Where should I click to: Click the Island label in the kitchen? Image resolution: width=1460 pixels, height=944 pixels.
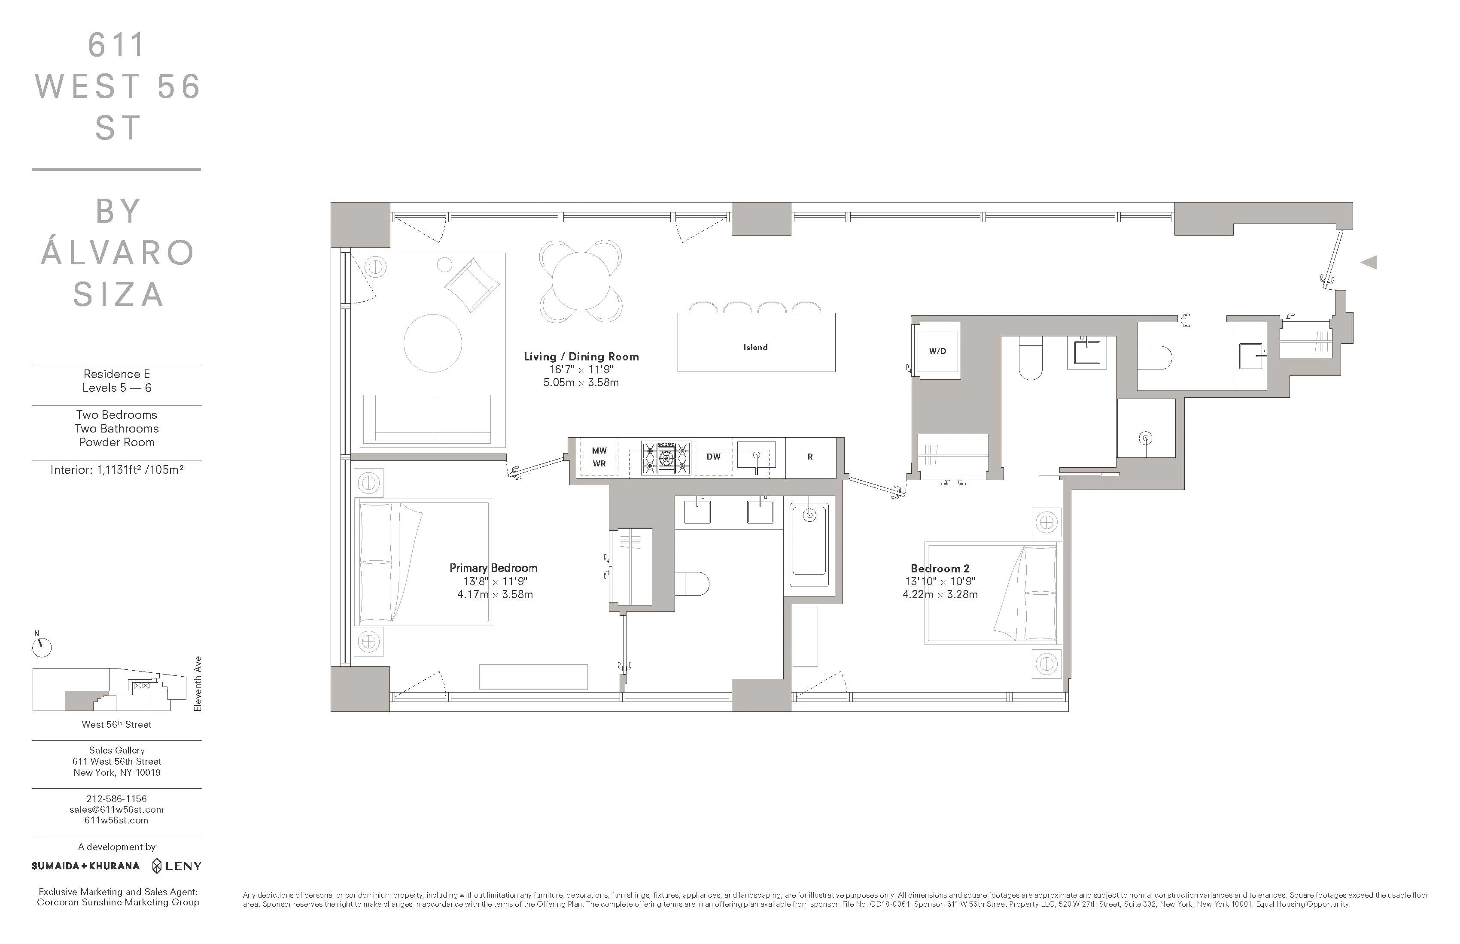755,347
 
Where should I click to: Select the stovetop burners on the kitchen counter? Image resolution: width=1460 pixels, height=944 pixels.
666,458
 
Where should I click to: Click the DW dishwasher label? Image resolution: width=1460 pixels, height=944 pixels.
713,457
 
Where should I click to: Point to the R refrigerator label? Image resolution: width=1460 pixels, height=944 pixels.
810,457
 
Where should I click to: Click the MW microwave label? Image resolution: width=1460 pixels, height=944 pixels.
599,451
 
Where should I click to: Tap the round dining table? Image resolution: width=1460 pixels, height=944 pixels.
580,281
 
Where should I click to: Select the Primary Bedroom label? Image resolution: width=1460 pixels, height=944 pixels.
493,568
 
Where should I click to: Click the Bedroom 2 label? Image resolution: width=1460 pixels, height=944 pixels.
940,568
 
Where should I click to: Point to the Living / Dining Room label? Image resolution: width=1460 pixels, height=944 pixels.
581,357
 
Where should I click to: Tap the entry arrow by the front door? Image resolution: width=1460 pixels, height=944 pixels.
1369,262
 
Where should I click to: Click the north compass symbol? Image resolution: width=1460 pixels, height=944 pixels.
42,647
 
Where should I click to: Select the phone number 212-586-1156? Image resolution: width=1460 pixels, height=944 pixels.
116,798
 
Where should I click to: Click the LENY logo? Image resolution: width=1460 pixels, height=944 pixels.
176,865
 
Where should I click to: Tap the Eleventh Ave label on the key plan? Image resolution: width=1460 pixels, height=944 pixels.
198,684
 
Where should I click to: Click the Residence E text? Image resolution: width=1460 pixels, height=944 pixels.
116,374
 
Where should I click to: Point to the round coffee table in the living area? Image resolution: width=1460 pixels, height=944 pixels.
432,343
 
